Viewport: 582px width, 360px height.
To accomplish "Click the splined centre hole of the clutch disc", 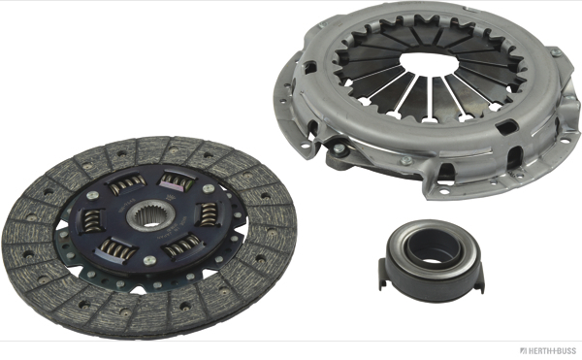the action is (x=151, y=217).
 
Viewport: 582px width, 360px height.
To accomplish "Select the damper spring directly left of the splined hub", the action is (x=92, y=220).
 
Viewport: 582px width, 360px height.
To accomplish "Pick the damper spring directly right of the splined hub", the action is (x=209, y=213).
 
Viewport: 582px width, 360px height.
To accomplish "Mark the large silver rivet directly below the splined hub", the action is (x=149, y=260).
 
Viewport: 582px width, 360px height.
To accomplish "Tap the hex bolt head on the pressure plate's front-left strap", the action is (x=339, y=148).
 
